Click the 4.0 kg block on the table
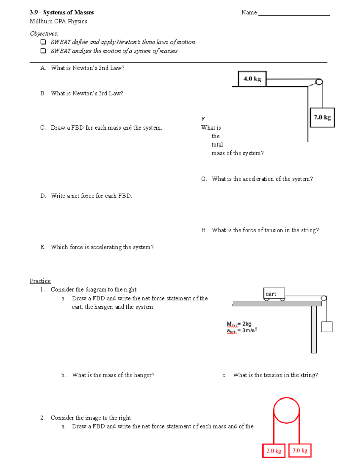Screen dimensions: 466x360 point(252,79)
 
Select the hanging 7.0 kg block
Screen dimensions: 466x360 point(322,117)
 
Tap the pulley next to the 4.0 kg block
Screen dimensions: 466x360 point(319,82)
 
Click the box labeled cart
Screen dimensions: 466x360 point(274,293)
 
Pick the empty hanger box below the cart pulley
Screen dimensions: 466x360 point(327,327)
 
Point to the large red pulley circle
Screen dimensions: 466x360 point(286,410)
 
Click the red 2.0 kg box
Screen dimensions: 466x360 point(274,451)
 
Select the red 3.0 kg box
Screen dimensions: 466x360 point(300,450)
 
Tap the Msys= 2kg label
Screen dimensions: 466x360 point(239,324)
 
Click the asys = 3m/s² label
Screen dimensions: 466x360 point(242,330)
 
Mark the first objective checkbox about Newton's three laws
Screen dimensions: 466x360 point(43,42)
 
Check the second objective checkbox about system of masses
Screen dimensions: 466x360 point(43,51)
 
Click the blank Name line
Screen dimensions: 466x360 point(294,13)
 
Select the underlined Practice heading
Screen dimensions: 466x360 point(40,281)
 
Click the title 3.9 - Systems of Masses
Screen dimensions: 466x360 point(61,13)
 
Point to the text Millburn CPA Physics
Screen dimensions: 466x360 point(58,21)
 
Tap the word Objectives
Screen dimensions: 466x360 point(44,34)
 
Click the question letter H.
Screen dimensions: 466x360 point(204,230)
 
